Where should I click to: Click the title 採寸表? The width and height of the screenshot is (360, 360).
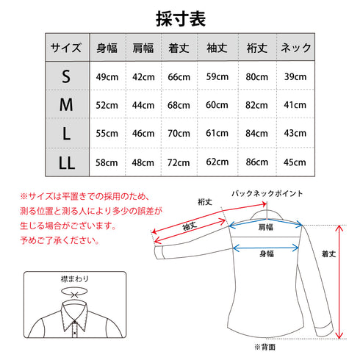[x=180, y=16]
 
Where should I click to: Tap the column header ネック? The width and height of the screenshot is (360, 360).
[x=295, y=48]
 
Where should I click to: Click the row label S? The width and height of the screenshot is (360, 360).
[x=66, y=77]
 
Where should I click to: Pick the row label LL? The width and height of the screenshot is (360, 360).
[x=66, y=160]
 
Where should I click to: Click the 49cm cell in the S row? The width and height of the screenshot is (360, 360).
[x=107, y=77]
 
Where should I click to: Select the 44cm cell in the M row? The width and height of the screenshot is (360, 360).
[x=144, y=105]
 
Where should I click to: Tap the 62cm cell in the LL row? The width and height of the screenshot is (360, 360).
[x=217, y=160]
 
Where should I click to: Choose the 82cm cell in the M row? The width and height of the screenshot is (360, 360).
[x=256, y=105]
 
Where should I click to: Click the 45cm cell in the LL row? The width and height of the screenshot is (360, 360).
[x=295, y=160]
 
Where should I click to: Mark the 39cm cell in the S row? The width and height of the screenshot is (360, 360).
[x=295, y=77]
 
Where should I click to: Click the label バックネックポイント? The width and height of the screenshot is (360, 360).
[x=267, y=193]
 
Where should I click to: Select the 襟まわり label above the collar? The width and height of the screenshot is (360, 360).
[x=72, y=279]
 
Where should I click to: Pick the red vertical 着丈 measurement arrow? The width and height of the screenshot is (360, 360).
[x=339, y=282]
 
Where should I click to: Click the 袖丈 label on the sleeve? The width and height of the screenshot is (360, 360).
[x=189, y=226]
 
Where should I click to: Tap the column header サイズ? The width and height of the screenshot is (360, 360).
[x=66, y=48]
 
